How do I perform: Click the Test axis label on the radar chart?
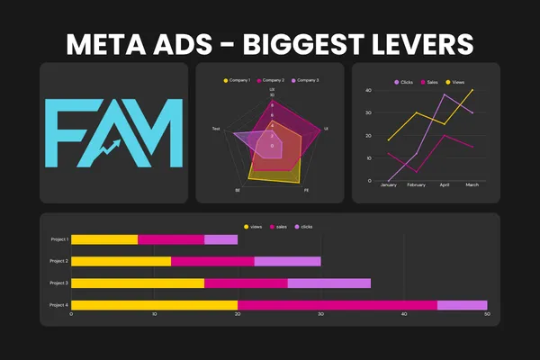pos(216,130)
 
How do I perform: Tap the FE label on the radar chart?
pos(306,191)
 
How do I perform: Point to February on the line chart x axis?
pos(416,185)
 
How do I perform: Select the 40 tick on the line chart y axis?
pos(368,91)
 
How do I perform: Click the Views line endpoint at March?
pos(472,90)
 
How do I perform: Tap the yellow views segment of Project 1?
pos(104,239)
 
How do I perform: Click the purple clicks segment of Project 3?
pos(328,283)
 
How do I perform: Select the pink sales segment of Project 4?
pos(337,305)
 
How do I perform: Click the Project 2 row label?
pos(58,261)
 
